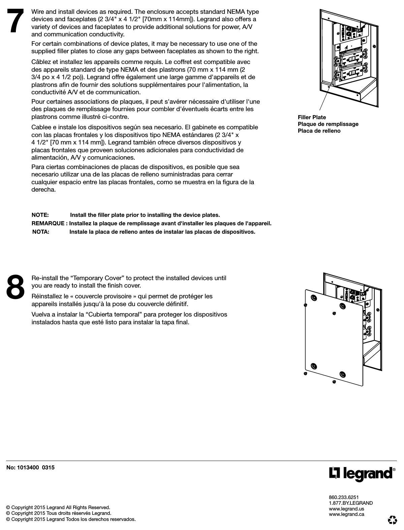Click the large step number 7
[15, 21]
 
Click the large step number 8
[15, 287]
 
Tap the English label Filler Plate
[312, 117]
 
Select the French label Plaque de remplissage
[328, 124]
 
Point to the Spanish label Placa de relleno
[319, 131]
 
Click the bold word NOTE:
[40, 215]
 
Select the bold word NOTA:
[41, 232]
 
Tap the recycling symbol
[392, 520]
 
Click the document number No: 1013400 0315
[30, 467]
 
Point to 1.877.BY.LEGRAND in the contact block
[350, 503]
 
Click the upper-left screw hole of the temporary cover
[314, 298]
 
